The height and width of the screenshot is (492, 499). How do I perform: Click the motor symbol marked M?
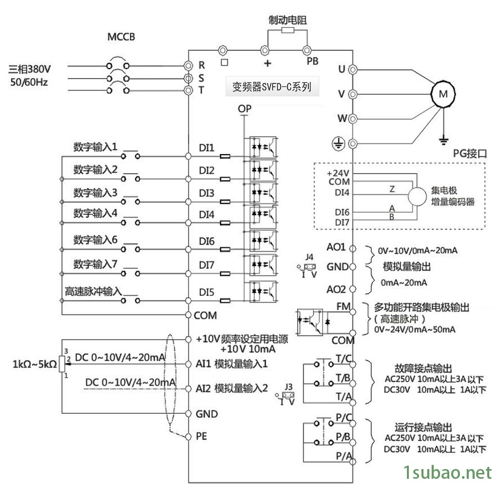[x=442, y=95]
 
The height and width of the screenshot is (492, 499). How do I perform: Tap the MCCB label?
[x=121, y=37]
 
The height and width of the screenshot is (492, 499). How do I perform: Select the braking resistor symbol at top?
[x=288, y=31]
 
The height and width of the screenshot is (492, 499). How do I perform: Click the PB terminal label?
[x=312, y=61]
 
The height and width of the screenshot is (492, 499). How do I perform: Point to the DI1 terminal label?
[x=207, y=147]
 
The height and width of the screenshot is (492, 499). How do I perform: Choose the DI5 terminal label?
[x=207, y=292]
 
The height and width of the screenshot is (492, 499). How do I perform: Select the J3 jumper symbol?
[x=288, y=395]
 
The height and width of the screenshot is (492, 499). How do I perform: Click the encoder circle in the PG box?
[x=417, y=197]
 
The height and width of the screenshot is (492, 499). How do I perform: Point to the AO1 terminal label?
[x=336, y=247]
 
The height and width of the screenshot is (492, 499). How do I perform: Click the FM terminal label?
[x=343, y=307]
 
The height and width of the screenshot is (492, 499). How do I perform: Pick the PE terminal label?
[x=201, y=436]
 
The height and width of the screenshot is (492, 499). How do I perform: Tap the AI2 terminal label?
[x=203, y=389]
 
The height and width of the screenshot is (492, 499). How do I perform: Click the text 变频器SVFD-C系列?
[x=271, y=87]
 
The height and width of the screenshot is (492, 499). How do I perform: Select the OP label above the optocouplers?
[x=245, y=109]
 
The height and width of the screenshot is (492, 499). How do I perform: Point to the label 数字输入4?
[x=96, y=213]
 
